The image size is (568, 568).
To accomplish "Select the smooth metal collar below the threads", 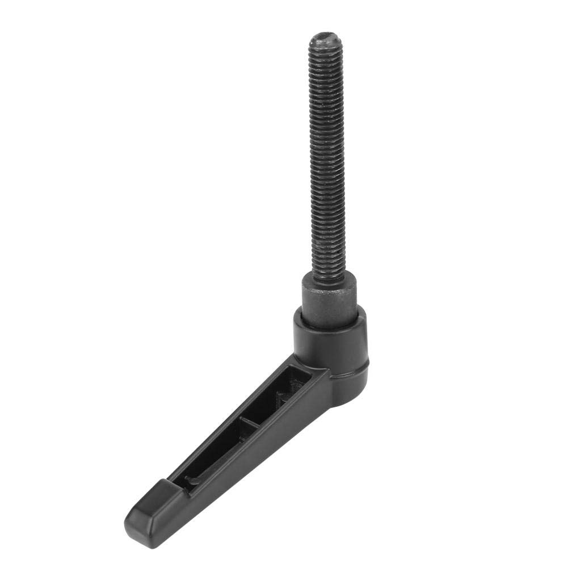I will pyautogui.click(x=329, y=298).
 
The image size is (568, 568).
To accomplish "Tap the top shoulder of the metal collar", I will pyautogui.click(x=329, y=276).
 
